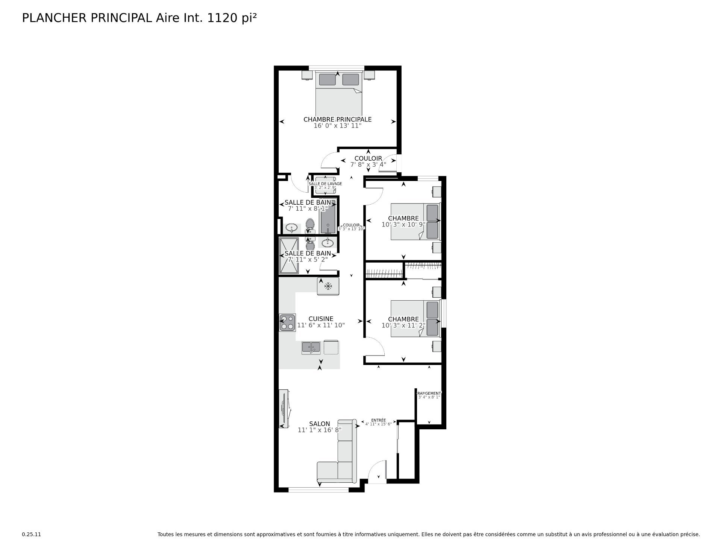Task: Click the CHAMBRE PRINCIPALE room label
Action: pyautogui.click(x=337, y=119)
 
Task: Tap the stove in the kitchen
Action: pyautogui.click(x=287, y=322)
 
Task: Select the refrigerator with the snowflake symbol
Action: pyautogui.click(x=328, y=286)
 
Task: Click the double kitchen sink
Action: pyautogui.click(x=311, y=347)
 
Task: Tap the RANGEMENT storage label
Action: pyautogui.click(x=429, y=393)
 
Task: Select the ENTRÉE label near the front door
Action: pyautogui.click(x=378, y=420)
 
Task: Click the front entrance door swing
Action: pyautogui.click(x=377, y=472)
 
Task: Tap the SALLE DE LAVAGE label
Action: pyautogui.click(x=325, y=184)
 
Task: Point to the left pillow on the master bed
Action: pyautogui.click(x=327, y=79)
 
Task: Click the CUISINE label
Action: pyautogui.click(x=321, y=319)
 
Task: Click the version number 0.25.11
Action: pyautogui.click(x=31, y=534)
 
